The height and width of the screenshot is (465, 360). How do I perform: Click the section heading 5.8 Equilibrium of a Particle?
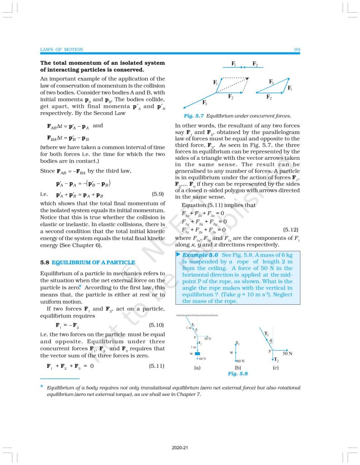[88, 262]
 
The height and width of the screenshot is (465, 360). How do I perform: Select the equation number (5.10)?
[157, 326]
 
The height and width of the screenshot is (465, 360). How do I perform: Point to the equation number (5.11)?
[157, 366]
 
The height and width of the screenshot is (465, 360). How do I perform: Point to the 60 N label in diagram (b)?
[241, 361]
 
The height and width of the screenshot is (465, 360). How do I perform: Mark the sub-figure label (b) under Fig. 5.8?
[237, 367]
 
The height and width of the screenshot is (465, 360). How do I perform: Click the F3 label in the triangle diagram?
[271, 82]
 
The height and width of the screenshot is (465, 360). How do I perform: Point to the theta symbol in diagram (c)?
[271, 339]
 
